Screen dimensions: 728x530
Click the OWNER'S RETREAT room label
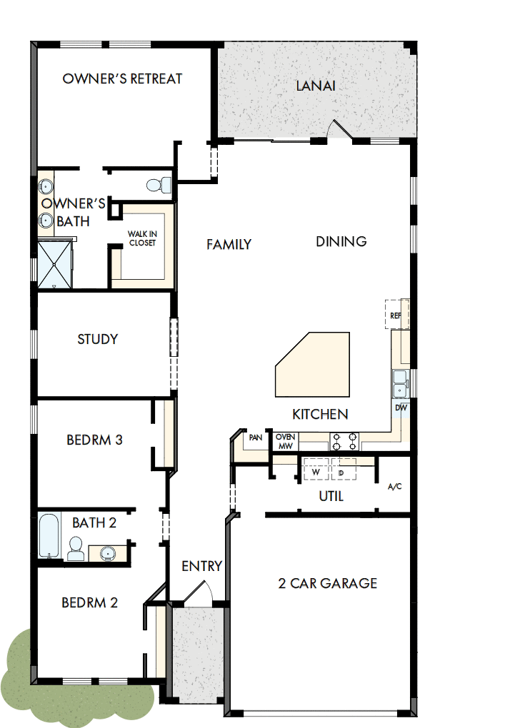[122, 79]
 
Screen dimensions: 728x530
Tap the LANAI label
[316, 86]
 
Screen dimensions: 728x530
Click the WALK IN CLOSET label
[142, 238]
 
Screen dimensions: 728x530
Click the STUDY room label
[97, 339]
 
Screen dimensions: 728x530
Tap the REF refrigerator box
[395, 315]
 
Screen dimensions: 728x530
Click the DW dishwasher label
[401, 408]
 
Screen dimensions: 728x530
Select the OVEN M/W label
[286, 441]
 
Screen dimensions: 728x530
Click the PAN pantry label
[255, 438]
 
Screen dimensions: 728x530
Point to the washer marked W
[315, 472]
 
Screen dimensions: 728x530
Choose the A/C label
[394, 487]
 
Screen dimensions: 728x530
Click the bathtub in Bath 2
[49, 536]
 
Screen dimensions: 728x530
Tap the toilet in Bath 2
[76, 548]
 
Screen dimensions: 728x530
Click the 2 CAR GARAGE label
[327, 583]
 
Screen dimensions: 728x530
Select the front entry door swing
[204, 593]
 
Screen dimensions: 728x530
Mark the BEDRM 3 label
[94, 440]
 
